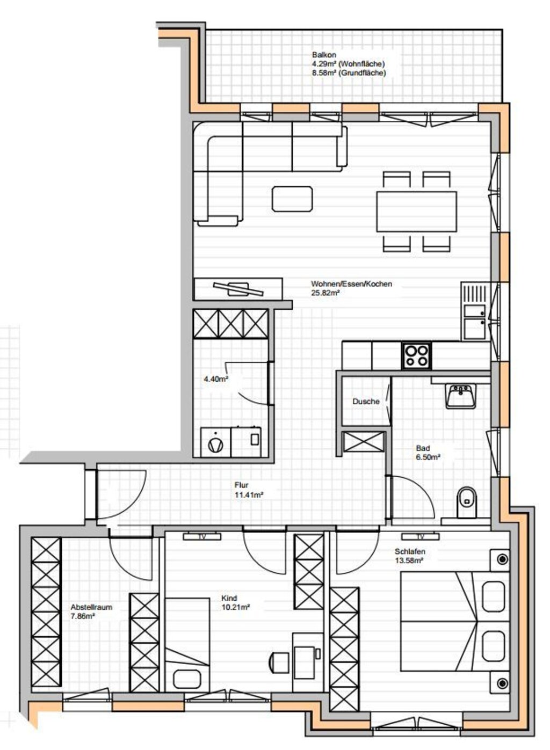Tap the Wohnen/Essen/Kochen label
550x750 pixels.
click(351, 284)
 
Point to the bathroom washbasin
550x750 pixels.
click(460, 396)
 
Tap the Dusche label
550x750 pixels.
click(366, 401)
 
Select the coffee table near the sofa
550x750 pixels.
click(292, 199)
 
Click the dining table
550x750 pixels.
click(416, 212)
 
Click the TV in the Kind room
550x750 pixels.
click(202, 536)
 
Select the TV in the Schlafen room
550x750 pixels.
click(421, 536)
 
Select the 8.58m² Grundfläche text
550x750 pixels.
click(349, 72)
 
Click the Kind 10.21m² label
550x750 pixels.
click(235, 602)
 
